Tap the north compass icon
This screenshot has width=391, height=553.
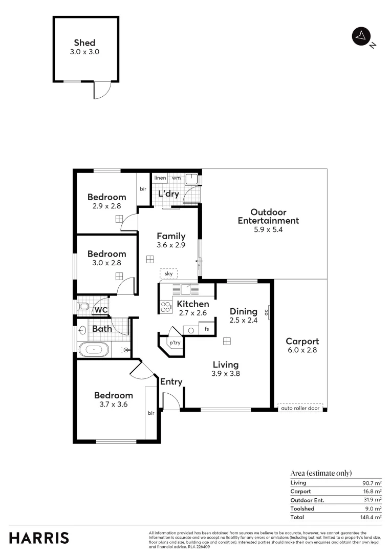click(361, 36)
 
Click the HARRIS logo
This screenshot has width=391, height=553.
click(39, 538)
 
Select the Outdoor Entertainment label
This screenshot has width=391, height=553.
click(268, 217)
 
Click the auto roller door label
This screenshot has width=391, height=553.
click(300, 408)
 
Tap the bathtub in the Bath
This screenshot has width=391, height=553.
click(94, 350)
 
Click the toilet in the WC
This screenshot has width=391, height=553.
click(83, 307)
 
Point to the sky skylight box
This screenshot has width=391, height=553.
click(168, 274)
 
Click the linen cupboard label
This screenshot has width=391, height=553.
click(161, 178)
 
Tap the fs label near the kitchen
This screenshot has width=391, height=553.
click(207, 329)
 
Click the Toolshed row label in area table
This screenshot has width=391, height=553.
click(302, 508)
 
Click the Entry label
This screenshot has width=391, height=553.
click(171, 381)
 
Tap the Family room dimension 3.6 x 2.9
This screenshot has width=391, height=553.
click(171, 245)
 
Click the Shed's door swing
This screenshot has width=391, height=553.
click(101, 91)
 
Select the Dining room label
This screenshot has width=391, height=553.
click(243, 311)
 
